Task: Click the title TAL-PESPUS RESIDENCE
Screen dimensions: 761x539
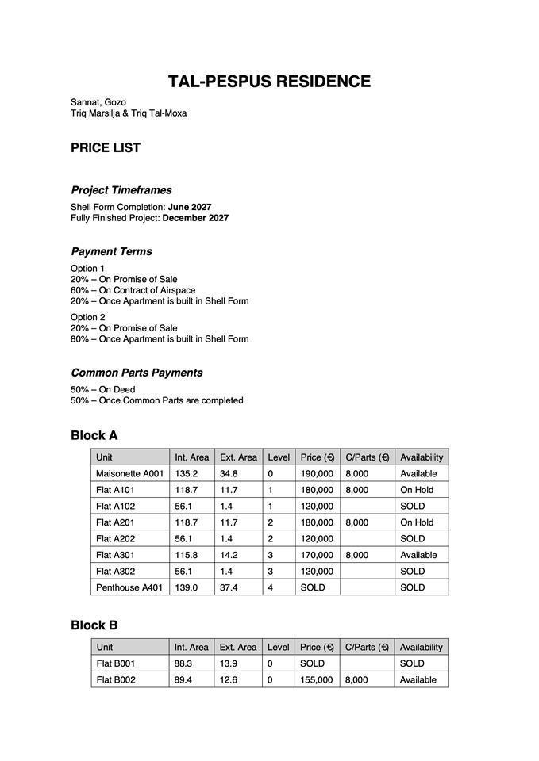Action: (269, 82)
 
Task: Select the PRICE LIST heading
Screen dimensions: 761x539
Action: (106, 147)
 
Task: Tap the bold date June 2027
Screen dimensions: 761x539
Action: (190, 207)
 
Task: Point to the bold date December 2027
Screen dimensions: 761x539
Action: (195, 218)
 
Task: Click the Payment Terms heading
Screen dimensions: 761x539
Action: (111, 251)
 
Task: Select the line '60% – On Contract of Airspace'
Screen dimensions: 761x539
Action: (133, 290)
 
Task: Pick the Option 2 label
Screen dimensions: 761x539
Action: (88, 317)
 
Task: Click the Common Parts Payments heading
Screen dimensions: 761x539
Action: (137, 373)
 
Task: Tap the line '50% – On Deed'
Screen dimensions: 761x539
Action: (103, 389)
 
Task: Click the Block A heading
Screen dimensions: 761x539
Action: (94, 435)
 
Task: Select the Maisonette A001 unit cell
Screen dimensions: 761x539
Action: (129, 473)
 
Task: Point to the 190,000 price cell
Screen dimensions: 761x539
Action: (317, 473)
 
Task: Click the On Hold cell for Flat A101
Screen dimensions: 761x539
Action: (417, 490)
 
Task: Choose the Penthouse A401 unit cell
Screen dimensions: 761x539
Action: (129, 587)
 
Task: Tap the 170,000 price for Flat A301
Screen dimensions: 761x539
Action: (317, 555)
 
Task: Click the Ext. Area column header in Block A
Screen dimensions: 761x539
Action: (238, 457)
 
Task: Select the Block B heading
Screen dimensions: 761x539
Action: (94, 625)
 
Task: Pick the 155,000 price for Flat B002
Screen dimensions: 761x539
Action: (317, 679)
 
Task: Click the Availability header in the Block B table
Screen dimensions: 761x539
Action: (421, 647)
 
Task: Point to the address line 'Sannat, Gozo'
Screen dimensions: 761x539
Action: (98, 102)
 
